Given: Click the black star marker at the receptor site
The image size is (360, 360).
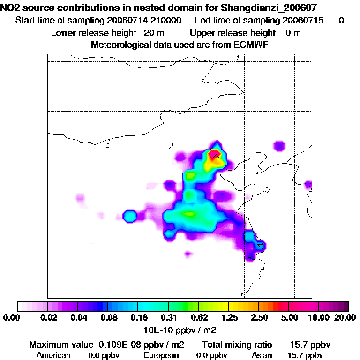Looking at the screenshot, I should click(215, 154).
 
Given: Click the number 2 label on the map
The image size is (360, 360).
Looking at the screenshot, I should click(171, 147).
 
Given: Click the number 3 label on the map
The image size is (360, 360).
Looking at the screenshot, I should click(107, 144).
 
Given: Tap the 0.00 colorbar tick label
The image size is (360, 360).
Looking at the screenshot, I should click(10, 318).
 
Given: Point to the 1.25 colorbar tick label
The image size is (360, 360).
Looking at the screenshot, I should click(228, 318).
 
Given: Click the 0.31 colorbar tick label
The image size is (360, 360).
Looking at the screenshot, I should click(168, 318).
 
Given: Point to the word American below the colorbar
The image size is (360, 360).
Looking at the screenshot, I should click(53, 355).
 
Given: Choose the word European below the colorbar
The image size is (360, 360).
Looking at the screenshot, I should click(161, 355).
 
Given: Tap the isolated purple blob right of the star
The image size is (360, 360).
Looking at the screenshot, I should click(279, 146).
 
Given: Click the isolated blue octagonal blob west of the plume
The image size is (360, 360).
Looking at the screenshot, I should click(130, 216).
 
